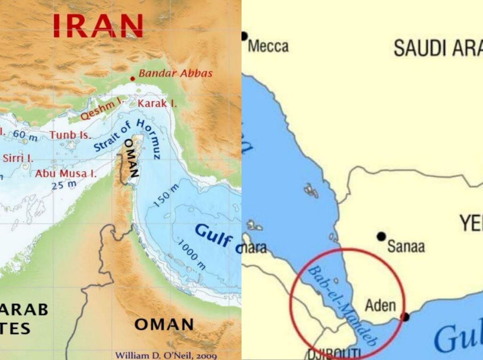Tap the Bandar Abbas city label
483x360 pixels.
pyautogui.click(x=175, y=74)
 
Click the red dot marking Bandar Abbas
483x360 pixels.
pyautogui.click(x=132, y=79)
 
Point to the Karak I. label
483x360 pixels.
pyautogui.click(x=157, y=103)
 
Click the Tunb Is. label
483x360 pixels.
pyautogui.click(x=70, y=135)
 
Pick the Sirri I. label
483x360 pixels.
pyautogui.click(x=18, y=157)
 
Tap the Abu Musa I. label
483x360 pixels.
pyautogui.click(x=66, y=174)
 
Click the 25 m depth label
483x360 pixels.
pyautogui.click(x=64, y=185)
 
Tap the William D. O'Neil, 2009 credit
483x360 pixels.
pyautogui.click(x=166, y=356)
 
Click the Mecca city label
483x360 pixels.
pyautogui.click(x=268, y=46)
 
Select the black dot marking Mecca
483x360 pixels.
pyautogui.click(x=244, y=36)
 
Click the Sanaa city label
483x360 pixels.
pyautogui.click(x=406, y=246)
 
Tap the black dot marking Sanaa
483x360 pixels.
pyautogui.click(x=381, y=236)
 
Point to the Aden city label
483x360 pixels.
pyautogui.click(x=380, y=305)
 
